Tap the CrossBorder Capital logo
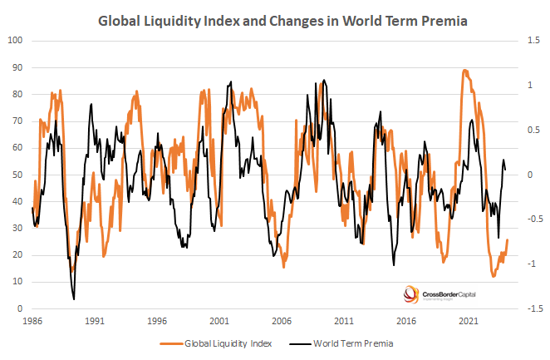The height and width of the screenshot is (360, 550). point(433,293)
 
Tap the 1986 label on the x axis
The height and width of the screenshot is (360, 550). point(32,320)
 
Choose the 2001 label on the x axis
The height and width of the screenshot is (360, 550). point(219,320)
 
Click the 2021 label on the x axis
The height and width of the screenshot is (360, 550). point(469,320)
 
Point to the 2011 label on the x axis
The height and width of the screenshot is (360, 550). point(344,320)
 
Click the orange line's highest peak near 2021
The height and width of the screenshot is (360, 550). point(464,71)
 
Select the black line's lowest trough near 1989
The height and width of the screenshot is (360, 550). point(74,298)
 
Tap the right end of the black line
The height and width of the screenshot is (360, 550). point(506,170)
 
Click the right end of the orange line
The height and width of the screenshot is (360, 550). point(508,240)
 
